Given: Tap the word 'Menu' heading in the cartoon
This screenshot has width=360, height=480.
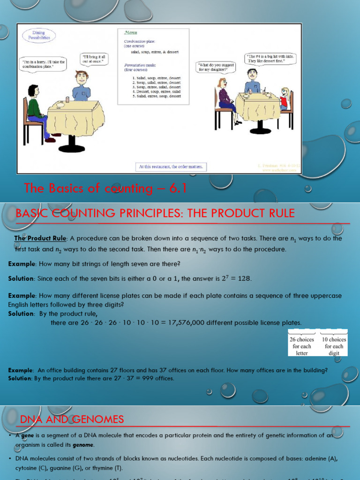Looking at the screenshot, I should pos(131,33).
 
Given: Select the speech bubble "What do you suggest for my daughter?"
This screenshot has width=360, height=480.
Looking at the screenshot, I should pos(215,67).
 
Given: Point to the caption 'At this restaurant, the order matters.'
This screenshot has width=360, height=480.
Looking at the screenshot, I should pos(171,166).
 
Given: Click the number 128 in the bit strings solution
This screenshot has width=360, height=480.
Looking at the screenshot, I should pos(244,279).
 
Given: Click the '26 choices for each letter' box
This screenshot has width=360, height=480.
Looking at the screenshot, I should pos(302,346).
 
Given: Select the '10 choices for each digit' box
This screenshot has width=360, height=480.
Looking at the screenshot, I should pos(334,346).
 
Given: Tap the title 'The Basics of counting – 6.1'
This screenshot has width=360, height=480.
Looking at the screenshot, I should pos(105,188).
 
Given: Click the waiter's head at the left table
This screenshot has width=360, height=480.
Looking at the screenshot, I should pos(82,78).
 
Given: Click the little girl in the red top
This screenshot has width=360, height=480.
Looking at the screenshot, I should pos(284,98).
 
